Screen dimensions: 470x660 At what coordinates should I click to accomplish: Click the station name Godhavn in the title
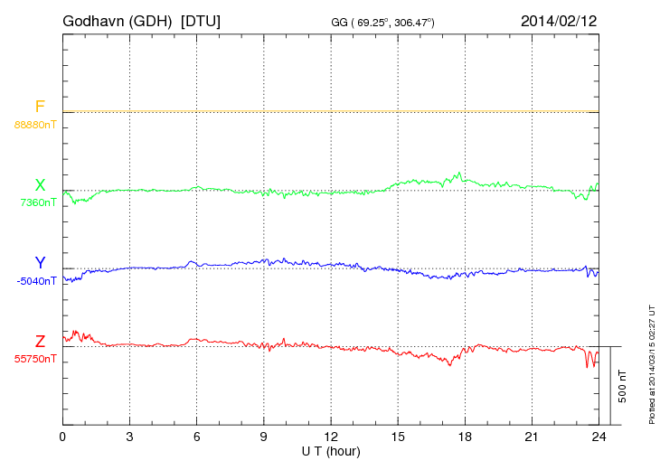(x=94, y=20)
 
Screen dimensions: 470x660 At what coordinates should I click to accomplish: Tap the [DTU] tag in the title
(x=200, y=20)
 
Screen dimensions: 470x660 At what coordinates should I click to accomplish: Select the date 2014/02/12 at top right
(x=558, y=20)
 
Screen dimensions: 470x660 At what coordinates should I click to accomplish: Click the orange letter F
(x=40, y=107)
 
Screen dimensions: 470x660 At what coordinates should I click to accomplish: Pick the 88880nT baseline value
(x=35, y=124)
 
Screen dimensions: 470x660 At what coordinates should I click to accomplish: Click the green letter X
(x=40, y=185)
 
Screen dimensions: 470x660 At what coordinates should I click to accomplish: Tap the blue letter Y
(x=40, y=263)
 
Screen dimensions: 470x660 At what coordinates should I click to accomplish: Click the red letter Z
(x=40, y=342)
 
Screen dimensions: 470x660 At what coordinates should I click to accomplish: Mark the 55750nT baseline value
(x=35, y=359)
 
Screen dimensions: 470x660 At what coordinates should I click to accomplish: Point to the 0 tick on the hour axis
(x=62, y=437)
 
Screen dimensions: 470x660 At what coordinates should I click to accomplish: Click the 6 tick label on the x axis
(x=196, y=437)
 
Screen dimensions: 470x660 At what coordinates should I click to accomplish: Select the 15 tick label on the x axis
(x=398, y=437)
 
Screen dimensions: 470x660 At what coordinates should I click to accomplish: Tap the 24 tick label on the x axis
(x=599, y=437)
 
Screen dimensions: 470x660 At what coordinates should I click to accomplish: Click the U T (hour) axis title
(x=331, y=450)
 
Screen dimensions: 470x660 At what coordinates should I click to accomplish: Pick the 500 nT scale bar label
(x=622, y=385)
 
